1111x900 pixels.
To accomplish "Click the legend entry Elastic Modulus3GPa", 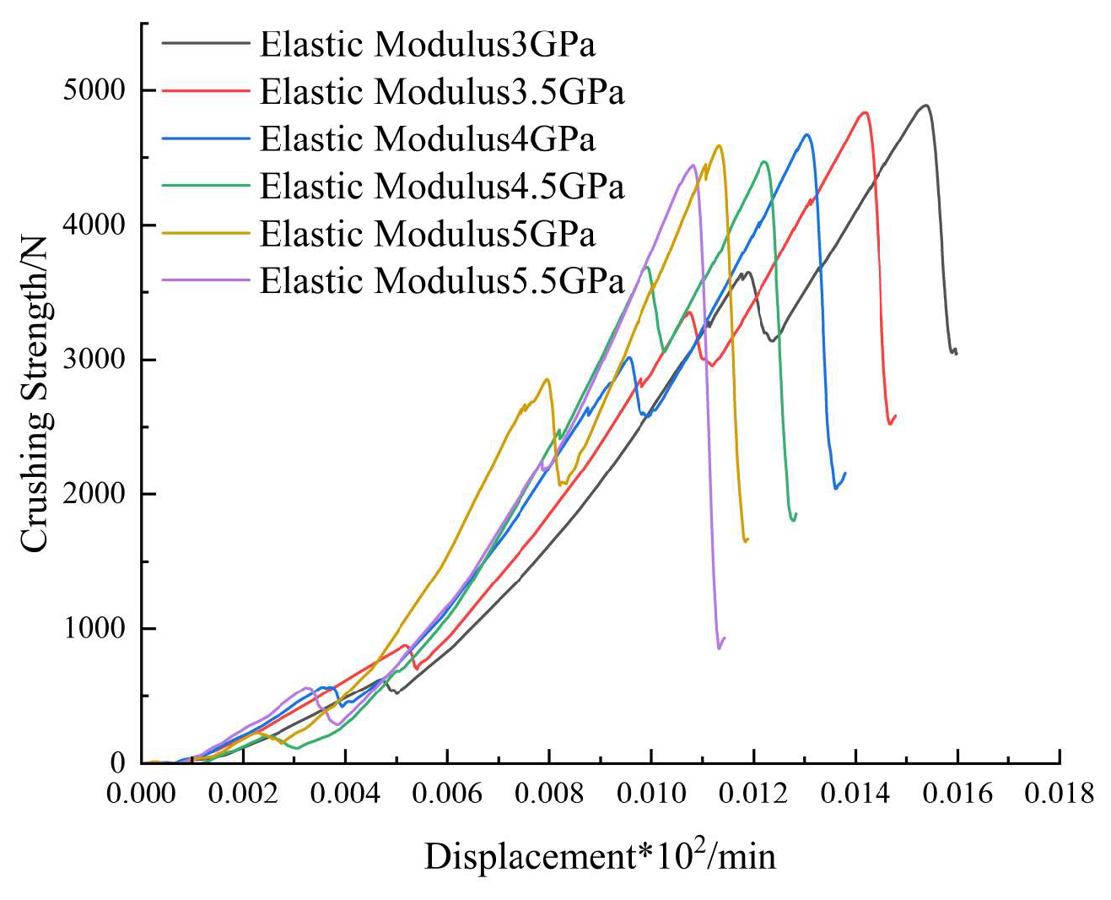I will (427, 45).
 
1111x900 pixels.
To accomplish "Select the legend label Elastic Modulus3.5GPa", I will (441, 92).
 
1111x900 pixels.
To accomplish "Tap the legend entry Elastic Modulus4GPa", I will (427, 139).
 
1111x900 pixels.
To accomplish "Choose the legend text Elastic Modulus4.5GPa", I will (441, 187).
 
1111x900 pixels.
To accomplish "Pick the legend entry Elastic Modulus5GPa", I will (427, 234).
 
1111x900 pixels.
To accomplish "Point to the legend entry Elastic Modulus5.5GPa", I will (441, 281).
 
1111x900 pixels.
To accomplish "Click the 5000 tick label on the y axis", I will (94, 90).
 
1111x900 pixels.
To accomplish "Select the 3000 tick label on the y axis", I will (94, 360).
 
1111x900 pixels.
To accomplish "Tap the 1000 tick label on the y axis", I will (94, 629).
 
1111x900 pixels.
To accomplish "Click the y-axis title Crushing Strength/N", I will (35, 395).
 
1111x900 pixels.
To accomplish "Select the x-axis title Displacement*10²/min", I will (600, 856).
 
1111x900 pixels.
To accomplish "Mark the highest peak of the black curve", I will (925, 106).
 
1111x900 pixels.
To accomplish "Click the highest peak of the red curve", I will (865, 112).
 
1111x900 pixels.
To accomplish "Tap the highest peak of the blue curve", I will (807, 134).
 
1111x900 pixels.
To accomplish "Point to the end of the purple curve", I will (725, 637).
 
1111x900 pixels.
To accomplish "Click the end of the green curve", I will (795, 513).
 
